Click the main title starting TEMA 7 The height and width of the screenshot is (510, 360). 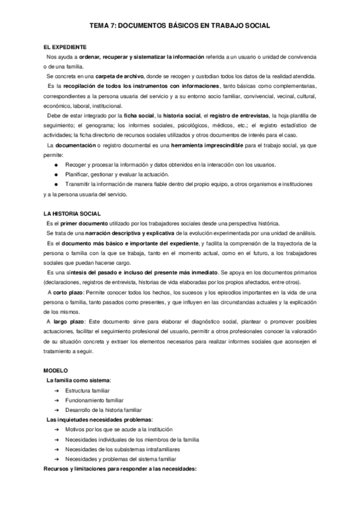pos(179,26)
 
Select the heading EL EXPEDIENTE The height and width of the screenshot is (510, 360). pos(64,46)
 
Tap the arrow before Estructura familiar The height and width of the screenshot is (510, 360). pos(56,390)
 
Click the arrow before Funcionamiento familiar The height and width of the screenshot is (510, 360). pos(56,400)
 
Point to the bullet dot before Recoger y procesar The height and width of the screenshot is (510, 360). pos(56,164)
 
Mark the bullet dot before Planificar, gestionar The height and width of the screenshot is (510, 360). pos(56,174)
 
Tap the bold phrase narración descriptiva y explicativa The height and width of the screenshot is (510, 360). pos(113,233)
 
